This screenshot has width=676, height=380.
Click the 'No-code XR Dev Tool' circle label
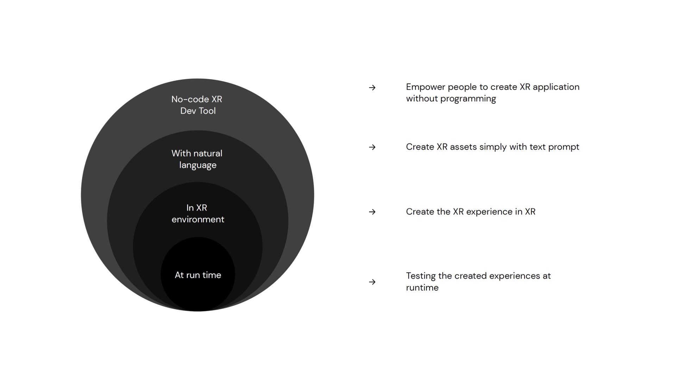pyautogui.click(x=197, y=105)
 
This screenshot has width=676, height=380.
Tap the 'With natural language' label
pyautogui.click(x=197, y=159)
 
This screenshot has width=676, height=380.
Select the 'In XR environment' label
pyautogui.click(x=198, y=213)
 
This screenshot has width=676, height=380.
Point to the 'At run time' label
pyautogui.click(x=198, y=275)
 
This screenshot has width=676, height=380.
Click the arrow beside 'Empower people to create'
pyautogui.click(x=372, y=88)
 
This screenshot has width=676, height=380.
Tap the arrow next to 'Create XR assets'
pyautogui.click(x=372, y=147)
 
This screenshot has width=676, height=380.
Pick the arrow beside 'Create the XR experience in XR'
pyautogui.click(x=372, y=212)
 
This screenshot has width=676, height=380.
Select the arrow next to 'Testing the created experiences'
pyautogui.click(x=372, y=282)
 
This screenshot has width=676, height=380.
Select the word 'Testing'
pyautogui.click(x=420, y=276)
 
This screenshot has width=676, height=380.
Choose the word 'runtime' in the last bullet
pyautogui.click(x=422, y=288)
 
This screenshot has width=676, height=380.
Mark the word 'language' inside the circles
pyautogui.click(x=198, y=165)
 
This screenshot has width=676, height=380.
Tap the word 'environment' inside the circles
pyautogui.click(x=198, y=220)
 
